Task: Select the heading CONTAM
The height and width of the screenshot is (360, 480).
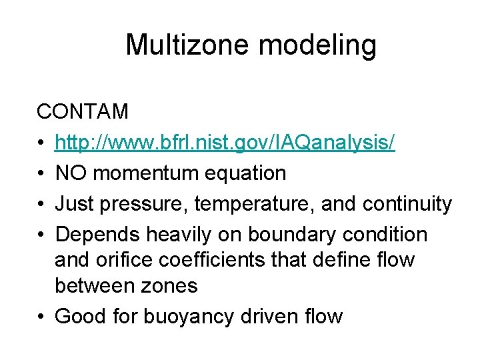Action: click(x=83, y=111)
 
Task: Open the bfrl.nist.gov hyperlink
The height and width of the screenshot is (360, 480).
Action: click(x=225, y=142)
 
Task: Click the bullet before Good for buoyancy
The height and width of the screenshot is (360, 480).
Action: click(x=42, y=315)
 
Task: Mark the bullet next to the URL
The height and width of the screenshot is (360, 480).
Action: click(x=42, y=143)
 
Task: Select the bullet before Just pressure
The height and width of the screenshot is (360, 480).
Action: click(x=42, y=204)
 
